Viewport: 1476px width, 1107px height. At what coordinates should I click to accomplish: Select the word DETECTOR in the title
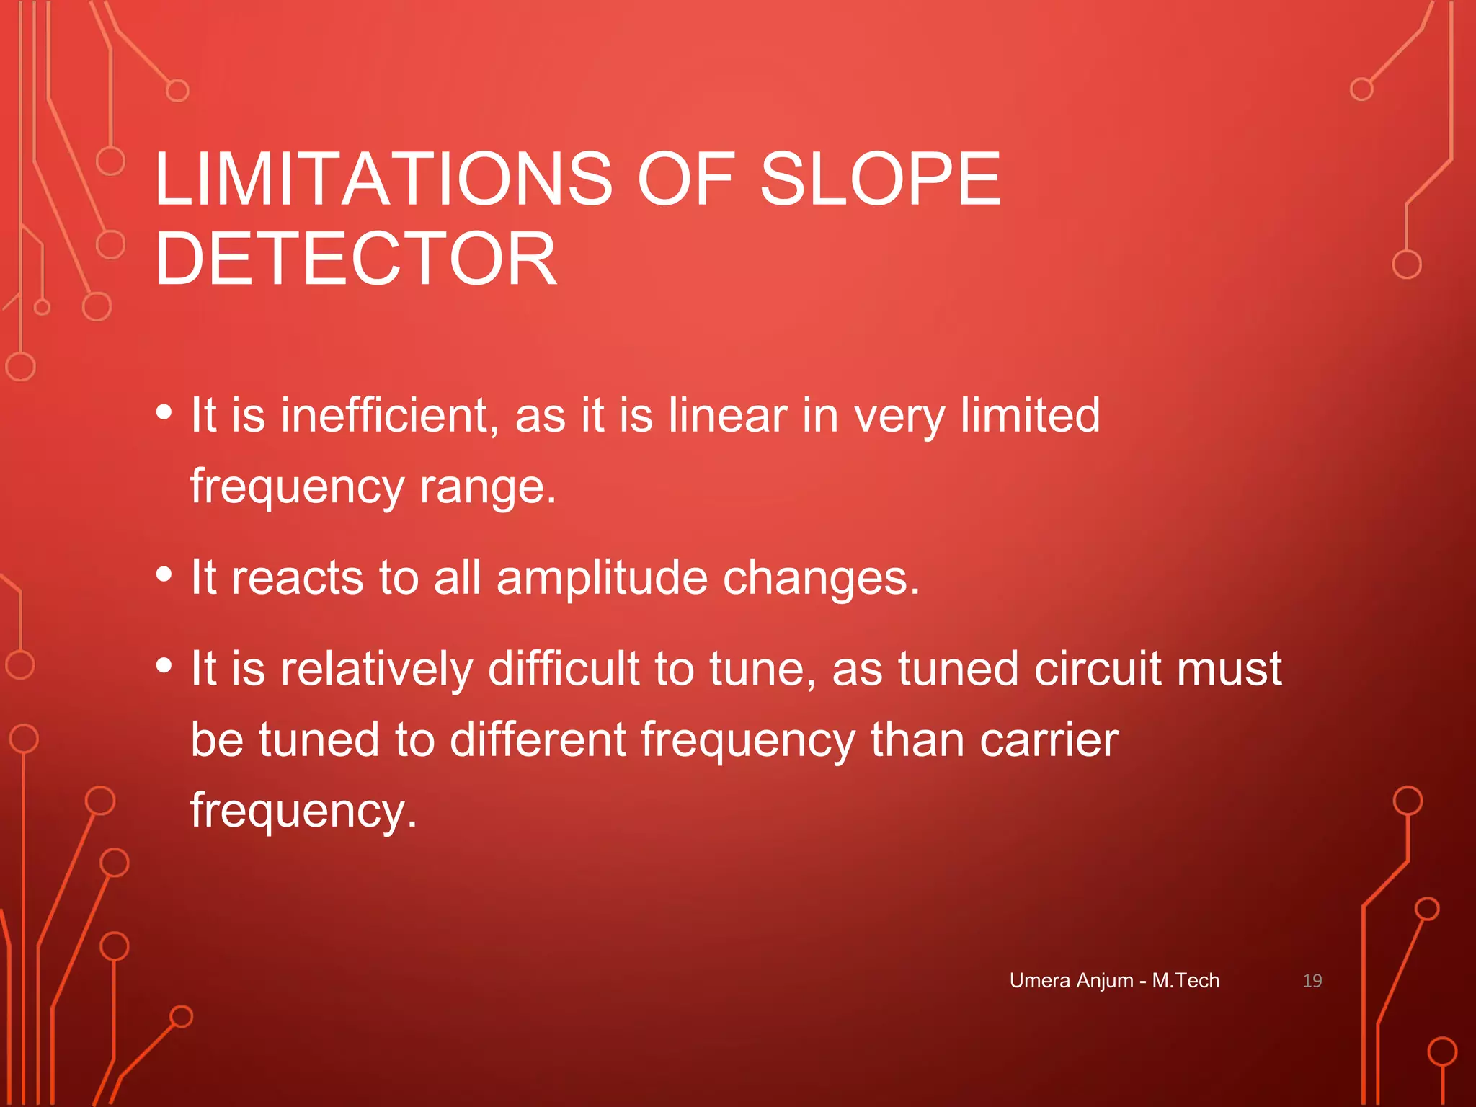[355, 259]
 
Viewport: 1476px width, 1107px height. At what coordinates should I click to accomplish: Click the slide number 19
[1312, 980]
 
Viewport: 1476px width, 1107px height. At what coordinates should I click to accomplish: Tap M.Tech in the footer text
[1186, 980]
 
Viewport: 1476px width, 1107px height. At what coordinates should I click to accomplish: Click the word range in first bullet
[487, 486]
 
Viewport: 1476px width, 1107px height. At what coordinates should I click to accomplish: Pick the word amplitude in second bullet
[603, 577]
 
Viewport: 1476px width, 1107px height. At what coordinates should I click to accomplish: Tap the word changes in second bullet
[821, 577]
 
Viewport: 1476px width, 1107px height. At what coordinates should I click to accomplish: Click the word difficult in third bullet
[564, 668]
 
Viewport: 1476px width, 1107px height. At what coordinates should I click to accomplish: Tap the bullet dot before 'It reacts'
[164, 574]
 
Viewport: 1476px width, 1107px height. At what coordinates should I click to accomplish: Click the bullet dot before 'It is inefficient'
[164, 412]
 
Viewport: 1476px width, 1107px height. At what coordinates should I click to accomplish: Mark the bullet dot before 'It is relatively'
[164, 665]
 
